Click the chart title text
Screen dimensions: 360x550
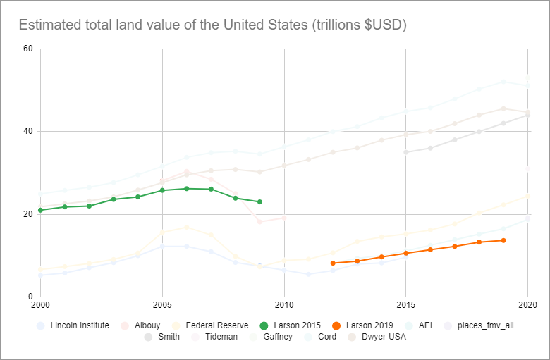tap(212, 25)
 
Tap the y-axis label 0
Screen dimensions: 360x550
tap(31, 297)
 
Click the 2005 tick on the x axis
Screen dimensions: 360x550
tap(162, 305)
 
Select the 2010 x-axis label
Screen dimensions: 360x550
tap(284, 305)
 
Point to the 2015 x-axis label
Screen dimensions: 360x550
tap(406, 305)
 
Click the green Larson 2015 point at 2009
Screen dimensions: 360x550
tap(259, 202)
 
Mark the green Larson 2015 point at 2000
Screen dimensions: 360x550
tap(40, 210)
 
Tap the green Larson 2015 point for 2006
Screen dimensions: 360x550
tap(187, 188)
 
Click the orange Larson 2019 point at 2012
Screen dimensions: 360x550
tap(333, 263)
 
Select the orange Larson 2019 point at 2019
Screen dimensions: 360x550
tap(503, 240)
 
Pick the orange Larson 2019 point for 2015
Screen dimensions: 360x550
tap(406, 253)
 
